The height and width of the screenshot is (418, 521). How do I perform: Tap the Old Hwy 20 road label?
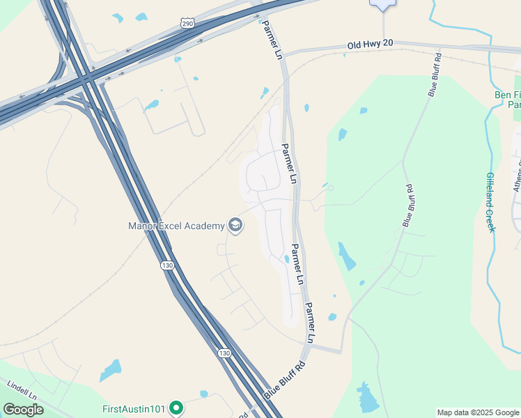click(371, 44)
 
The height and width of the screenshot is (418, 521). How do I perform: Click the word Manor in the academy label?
click(144, 226)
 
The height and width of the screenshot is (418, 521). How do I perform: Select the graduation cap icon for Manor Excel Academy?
click(235, 225)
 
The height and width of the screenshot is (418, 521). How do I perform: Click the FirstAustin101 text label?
click(134, 408)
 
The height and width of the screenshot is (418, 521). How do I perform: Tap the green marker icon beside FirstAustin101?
click(176, 408)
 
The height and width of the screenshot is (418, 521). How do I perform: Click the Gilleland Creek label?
click(490, 202)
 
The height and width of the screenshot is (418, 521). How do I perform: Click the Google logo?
click(23, 410)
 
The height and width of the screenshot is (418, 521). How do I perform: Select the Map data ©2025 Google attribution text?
click(478, 412)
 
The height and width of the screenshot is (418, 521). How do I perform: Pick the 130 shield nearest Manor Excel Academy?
click(166, 265)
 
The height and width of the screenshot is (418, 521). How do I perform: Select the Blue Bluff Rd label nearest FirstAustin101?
click(285, 380)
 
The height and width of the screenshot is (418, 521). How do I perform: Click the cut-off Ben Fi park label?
click(508, 100)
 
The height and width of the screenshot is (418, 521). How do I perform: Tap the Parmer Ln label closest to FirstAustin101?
click(311, 323)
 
